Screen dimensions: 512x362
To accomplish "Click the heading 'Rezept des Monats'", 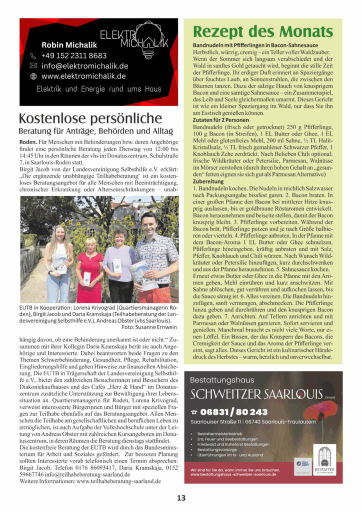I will (x=262, y=32).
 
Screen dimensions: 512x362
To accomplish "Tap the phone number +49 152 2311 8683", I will (x=74, y=55).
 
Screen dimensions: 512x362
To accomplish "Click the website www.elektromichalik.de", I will (x=83, y=76).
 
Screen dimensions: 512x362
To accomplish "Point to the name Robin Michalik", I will (x=69, y=45).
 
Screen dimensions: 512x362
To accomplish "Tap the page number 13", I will (x=181, y=498).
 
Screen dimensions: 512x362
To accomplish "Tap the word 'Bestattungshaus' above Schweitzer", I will (x=218, y=379).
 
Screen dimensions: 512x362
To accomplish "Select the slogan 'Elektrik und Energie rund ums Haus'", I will (x=98, y=89).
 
